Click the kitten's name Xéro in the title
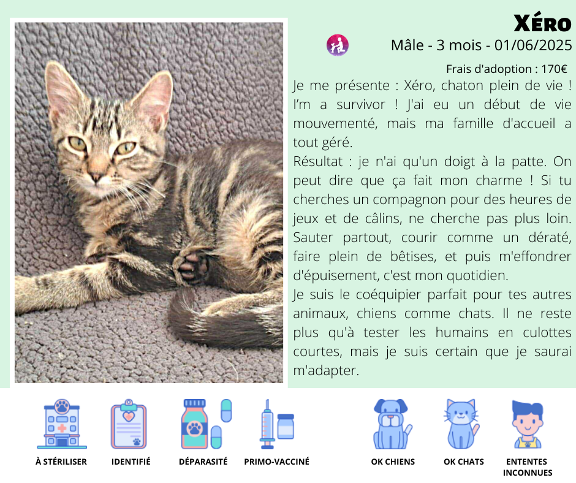542,23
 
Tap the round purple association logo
338,45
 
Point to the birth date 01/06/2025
533,45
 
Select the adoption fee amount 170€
554,69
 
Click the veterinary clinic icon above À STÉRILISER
62,424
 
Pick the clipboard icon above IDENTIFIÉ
129,424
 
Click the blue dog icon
392,424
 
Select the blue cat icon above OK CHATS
461,424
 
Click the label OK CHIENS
393,462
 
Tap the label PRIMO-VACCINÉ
276,462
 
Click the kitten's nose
96,177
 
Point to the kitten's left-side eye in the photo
77,143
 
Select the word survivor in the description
361,105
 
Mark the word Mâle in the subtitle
407,45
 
